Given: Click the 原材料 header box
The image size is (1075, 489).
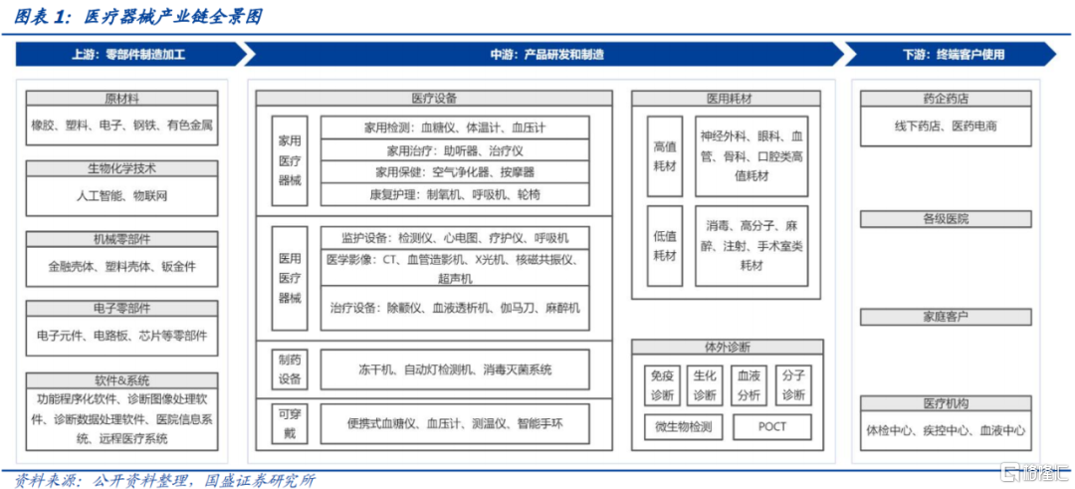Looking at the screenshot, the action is click(x=121, y=98).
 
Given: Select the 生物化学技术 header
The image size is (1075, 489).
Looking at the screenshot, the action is click(x=121, y=168).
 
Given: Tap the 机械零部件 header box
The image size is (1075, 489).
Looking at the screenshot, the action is click(x=121, y=239).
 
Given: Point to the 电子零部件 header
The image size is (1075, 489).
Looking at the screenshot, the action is click(x=121, y=308).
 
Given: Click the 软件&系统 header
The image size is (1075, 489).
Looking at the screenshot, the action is click(x=121, y=380).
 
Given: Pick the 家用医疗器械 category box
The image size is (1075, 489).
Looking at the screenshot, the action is click(x=290, y=160).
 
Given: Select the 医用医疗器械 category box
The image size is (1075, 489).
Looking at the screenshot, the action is click(x=290, y=279).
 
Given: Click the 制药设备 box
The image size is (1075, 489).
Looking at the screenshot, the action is click(x=290, y=369).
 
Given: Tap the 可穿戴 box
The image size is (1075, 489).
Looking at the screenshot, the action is click(x=290, y=424).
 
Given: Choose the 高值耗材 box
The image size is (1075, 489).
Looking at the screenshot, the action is click(x=664, y=156).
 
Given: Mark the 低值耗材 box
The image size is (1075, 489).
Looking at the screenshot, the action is click(x=664, y=246).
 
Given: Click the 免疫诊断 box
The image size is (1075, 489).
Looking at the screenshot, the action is click(x=662, y=385).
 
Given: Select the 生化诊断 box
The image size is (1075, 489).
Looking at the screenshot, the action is click(x=705, y=385).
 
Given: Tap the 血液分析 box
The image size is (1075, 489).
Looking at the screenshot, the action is click(x=748, y=385).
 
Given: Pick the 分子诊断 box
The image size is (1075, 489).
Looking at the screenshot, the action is click(x=793, y=385).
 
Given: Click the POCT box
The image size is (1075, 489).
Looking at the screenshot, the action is click(x=772, y=426).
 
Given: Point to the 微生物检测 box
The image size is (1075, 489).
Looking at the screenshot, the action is click(x=683, y=426).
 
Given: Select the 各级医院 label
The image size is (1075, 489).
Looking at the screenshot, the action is click(x=946, y=219).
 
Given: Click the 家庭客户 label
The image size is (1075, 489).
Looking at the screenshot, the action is click(x=946, y=317).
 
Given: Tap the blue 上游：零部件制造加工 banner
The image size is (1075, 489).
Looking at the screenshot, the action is click(x=130, y=54).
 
